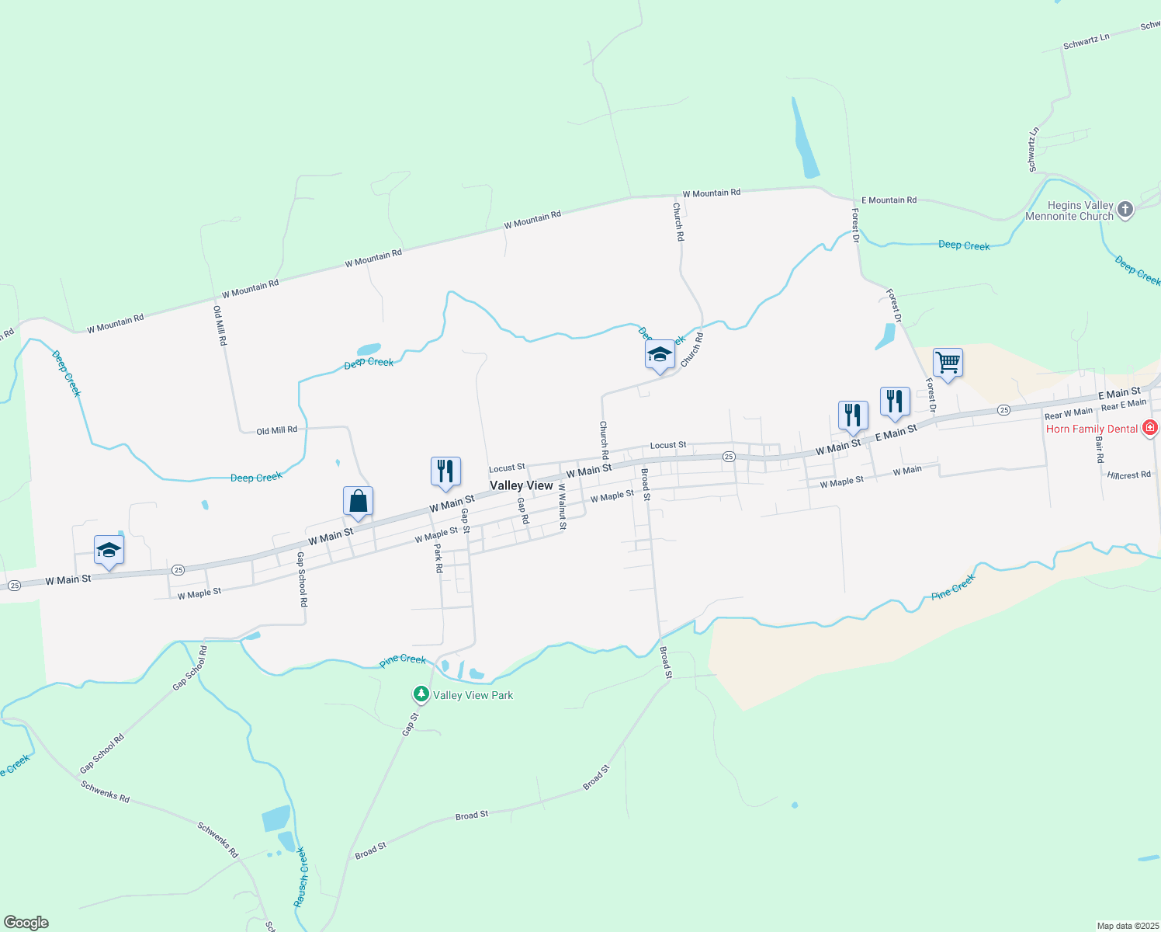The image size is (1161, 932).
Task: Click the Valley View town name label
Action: click(x=521, y=485)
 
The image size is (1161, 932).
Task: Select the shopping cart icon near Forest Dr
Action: click(x=948, y=362)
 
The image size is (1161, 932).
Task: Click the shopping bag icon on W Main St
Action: click(x=358, y=501)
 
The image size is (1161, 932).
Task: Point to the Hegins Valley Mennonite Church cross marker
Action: click(x=1125, y=209)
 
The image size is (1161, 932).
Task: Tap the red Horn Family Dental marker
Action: click(x=1150, y=428)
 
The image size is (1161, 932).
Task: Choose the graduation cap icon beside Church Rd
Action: click(x=660, y=355)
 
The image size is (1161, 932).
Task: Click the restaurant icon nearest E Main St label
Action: click(x=895, y=402)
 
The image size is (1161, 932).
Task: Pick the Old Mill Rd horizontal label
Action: click(x=276, y=430)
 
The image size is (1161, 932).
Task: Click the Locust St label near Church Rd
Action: click(x=667, y=445)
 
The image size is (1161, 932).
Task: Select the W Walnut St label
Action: click(x=562, y=506)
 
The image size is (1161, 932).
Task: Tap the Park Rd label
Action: click(x=438, y=558)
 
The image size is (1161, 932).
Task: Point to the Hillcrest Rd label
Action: click(x=1128, y=475)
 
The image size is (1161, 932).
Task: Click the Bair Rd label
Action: click(x=1100, y=450)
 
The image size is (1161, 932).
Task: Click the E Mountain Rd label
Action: click(x=889, y=200)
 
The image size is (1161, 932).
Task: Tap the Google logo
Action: click(x=26, y=923)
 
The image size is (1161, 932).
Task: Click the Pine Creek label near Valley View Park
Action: click(x=402, y=659)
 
